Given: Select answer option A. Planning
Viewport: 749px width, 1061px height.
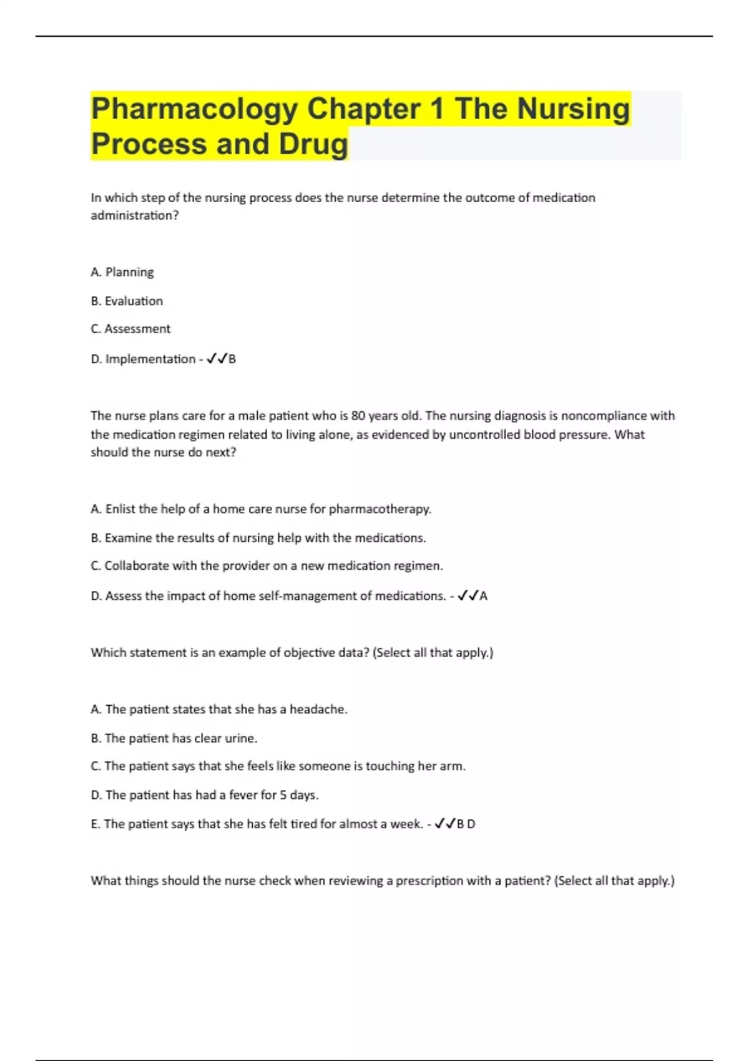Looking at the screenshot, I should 122,272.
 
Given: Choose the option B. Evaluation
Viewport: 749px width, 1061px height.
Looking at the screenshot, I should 127,301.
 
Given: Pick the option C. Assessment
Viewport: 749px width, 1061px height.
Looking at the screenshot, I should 130,329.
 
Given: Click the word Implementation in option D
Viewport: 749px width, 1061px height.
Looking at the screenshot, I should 150,359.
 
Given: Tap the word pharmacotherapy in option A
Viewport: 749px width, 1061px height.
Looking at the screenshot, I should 379,509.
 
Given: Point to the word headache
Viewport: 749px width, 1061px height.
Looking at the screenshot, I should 318,710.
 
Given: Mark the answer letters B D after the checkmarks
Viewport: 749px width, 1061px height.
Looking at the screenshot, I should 466,824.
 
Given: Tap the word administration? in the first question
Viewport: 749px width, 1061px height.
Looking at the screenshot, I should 135,215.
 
